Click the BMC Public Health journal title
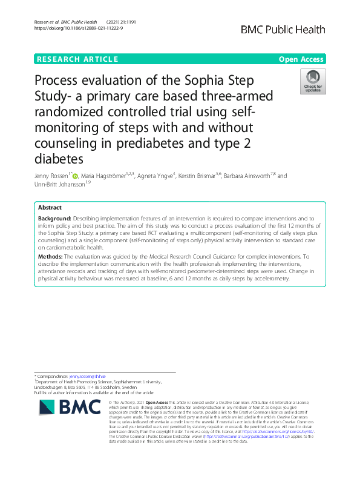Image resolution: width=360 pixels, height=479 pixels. tap(283, 30)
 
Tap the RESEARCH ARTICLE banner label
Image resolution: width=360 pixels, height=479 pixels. tap(77, 59)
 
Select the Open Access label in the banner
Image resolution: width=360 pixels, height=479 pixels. tap(301, 59)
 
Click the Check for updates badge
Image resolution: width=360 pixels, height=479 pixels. tap(312, 82)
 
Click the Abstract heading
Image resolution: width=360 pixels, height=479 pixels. tap(50, 207)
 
